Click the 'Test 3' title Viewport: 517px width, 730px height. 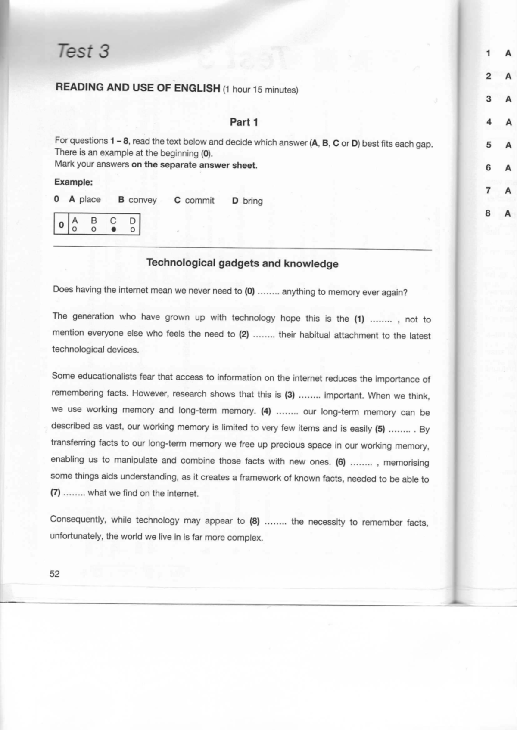click(83, 51)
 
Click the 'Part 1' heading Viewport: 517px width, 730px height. click(244, 122)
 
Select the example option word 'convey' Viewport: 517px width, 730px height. click(143, 200)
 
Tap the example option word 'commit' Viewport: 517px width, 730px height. click(199, 201)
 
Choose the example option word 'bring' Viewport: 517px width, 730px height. click(252, 201)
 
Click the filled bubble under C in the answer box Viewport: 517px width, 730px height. click(113, 229)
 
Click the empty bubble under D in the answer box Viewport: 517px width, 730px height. click(133, 230)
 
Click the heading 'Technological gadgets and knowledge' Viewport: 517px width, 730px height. click(242, 263)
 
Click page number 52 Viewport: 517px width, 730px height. click(55, 574)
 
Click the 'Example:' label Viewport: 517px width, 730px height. click(74, 182)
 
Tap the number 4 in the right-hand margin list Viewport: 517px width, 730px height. click(489, 122)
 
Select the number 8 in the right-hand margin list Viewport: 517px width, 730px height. click(488, 213)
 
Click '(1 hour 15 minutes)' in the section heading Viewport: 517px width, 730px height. click(260, 90)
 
